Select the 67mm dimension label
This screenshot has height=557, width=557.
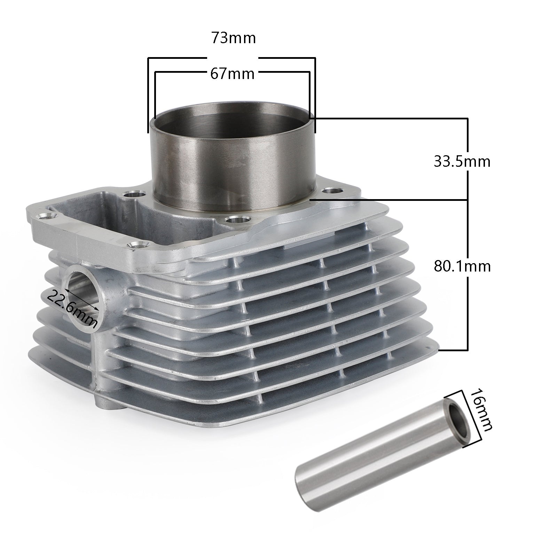tap(232, 74)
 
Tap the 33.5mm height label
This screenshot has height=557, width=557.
tap(462, 162)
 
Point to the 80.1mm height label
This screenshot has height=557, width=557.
tap(462, 266)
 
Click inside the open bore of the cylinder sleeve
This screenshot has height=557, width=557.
tap(232, 111)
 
